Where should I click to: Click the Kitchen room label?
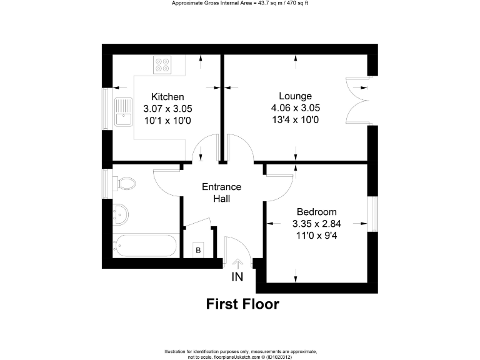pyautogui.click(x=168, y=97)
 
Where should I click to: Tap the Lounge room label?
pyautogui.click(x=295, y=96)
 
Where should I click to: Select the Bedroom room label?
pyautogui.click(x=316, y=212)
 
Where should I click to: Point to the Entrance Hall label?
pyautogui.click(x=221, y=192)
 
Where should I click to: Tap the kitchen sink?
pyautogui.click(x=122, y=112)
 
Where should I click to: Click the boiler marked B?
pyautogui.click(x=198, y=250)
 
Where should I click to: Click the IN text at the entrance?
pyautogui.click(x=237, y=277)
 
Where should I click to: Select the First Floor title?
pyautogui.click(x=242, y=304)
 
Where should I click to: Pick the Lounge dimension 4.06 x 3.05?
pyautogui.click(x=295, y=107)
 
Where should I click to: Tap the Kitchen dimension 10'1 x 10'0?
pyautogui.click(x=168, y=119)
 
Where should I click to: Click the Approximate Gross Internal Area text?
pyautogui.click(x=240, y=4)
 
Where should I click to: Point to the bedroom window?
pyautogui.click(x=372, y=214)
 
